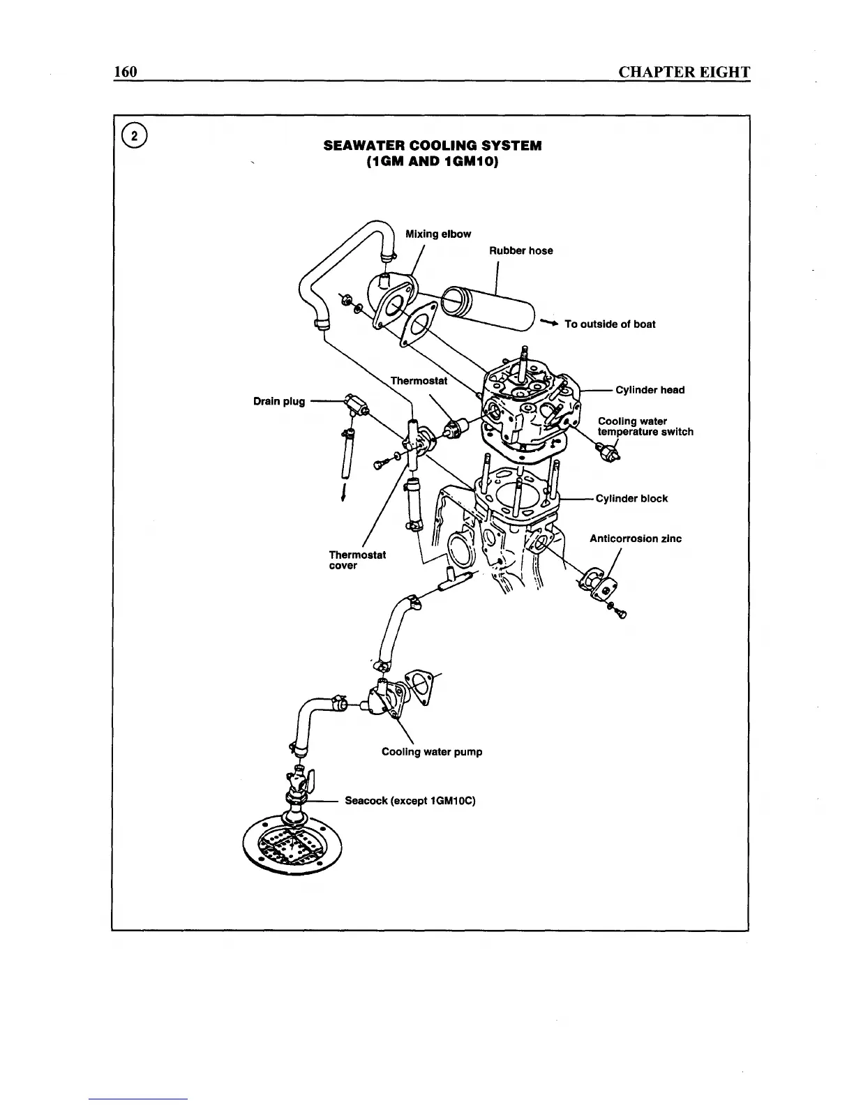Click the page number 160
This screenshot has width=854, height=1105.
coord(126,72)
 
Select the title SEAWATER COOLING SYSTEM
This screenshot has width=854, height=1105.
coord(433,146)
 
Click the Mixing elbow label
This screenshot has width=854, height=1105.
coord(438,234)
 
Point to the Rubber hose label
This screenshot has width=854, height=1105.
coord(520,251)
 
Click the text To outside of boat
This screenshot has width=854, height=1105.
coord(610,324)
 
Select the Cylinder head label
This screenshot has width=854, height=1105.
coord(650,390)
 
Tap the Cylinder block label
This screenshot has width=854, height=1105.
coord(632,499)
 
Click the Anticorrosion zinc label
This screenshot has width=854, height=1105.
coord(636,539)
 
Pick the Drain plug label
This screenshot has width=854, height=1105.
coord(279,401)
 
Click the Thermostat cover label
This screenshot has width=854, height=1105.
coord(357,560)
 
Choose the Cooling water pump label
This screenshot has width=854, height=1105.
coord(432,752)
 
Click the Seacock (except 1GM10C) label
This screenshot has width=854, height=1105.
coord(410,801)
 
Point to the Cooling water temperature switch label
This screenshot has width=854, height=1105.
coord(645,427)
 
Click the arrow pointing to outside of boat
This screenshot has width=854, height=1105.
coord(550,324)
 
